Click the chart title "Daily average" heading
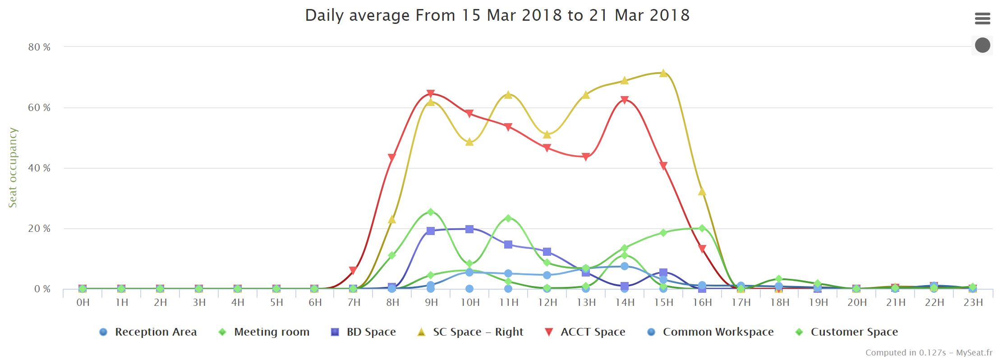coord(497,15)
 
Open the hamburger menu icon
coord(982,18)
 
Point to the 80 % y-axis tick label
coord(39,47)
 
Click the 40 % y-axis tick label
coord(39,168)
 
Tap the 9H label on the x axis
coord(431,302)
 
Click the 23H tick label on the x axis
coord(973,302)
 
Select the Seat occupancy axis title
coord(13,167)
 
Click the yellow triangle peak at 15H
coord(663,73)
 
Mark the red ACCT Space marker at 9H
coord(430,93)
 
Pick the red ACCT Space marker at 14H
coord(624,100)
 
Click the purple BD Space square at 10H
coord(469,229)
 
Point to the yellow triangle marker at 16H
coord(702,192)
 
